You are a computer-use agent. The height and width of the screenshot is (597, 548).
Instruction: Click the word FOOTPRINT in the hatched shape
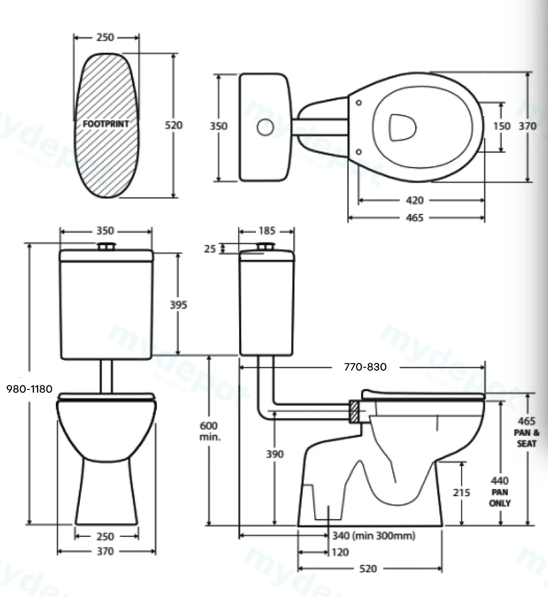pos(106,124)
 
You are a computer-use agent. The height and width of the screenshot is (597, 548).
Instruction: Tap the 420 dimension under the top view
pos(414,200)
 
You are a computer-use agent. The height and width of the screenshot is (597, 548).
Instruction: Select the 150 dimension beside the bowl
pos(502,126)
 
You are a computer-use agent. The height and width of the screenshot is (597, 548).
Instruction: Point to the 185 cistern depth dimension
pos(267,231)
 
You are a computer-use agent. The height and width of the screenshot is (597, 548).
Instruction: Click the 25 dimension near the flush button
pos(210,249)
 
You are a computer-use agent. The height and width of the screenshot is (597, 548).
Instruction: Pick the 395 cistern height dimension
pos(178,305)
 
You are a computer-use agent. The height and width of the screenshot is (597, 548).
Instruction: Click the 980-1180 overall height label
pos(29,389)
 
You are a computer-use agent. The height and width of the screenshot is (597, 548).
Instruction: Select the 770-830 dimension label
pos(365,367)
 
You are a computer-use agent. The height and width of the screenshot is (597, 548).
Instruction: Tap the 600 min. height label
pos(210,431)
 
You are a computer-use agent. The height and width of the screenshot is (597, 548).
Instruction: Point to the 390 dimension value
pos(275,454)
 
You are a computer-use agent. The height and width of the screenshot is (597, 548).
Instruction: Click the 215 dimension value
pos(461,492)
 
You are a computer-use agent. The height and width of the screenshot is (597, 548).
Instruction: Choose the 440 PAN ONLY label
pos(500,492)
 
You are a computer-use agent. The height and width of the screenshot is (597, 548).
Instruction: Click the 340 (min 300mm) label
pos(374,536)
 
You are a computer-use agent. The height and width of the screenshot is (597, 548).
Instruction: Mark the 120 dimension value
pos(340,552)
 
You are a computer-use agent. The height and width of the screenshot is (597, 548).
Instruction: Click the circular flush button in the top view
pos(265,127)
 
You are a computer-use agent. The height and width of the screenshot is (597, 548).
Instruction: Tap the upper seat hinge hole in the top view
pos(359,103)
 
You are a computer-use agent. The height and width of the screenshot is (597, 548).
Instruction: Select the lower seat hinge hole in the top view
pos(359,152)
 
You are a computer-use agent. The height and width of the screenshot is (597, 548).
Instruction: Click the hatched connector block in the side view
pos(354,412)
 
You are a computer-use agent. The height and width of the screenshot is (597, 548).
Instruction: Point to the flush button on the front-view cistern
pos(106,246)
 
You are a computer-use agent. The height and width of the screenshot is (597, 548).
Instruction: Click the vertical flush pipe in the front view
pos(106,376)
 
